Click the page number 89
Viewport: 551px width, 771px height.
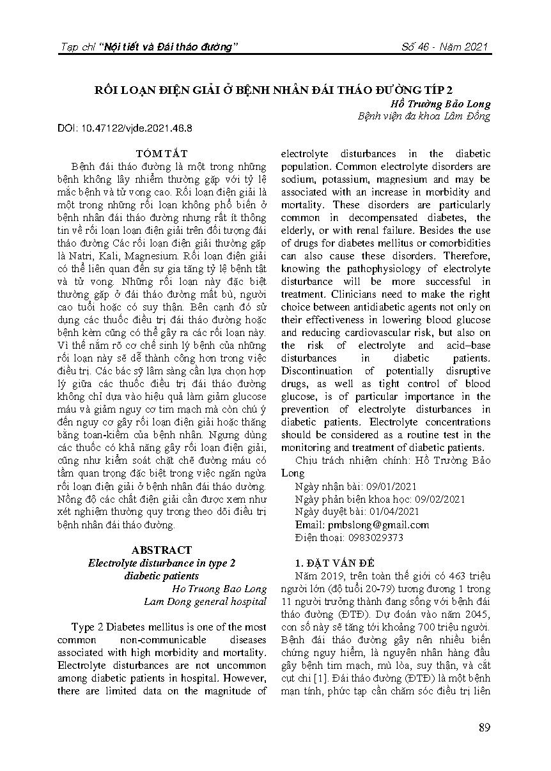coord(484,728)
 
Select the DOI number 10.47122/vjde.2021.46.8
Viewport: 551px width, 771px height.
coord(137,128)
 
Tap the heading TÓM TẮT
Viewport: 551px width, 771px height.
coord(161,153)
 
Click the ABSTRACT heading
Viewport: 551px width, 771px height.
coord(161,550)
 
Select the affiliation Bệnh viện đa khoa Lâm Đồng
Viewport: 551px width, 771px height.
coord(424,116)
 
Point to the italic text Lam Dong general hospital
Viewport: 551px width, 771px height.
coord(205,601)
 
